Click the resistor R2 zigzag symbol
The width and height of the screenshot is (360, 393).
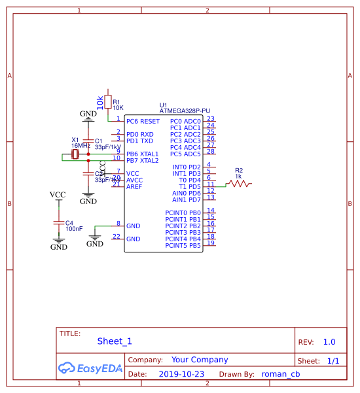(x=240, y=184)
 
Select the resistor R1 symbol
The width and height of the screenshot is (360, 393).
(x=108, y=101)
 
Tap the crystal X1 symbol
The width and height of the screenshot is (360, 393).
(x=75, y=154)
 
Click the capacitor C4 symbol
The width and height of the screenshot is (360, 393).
(x=59, y=223)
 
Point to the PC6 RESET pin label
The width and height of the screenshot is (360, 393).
(x=143, y=121)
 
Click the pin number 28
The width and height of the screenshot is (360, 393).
(x=211, y=151)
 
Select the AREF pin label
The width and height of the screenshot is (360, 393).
(x=134, y=186)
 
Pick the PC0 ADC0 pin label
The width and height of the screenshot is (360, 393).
(x=185, y=121)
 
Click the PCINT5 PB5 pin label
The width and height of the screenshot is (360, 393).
(x=183, y=245)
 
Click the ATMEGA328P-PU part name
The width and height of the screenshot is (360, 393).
(x=185, y=111)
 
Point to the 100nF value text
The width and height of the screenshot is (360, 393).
(x=74, y=229)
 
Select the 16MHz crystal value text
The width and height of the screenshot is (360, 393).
(x=81, y=146)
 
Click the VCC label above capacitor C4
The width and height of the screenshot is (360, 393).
(x=58, y=195)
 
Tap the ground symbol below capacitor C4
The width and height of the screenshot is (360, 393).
(x=59, y=243)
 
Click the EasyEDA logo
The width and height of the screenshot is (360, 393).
(x=90, y=368)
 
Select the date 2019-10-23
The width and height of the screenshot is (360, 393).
(x=181, y=374)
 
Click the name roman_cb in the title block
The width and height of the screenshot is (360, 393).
(x=280, y=374)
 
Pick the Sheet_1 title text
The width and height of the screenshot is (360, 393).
(x=115, y=341)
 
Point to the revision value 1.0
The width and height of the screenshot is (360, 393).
(x=329, y=341)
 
